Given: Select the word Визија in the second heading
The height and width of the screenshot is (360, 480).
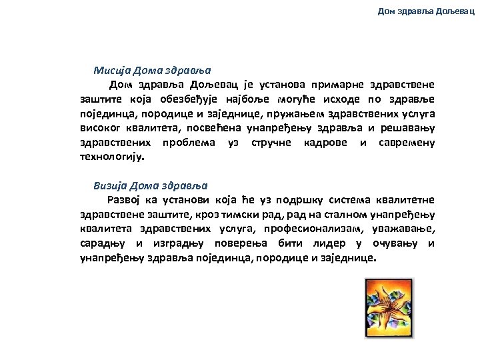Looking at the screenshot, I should click(x=111, y=185).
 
